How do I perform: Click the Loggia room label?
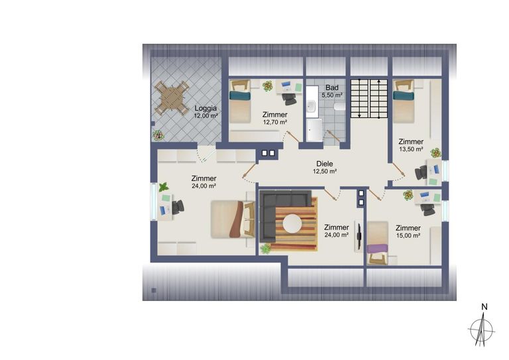pyautogui.click(x=205, y=109)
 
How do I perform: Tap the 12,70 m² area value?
pyautogui.click(x=275, y=123)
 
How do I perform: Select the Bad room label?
pyautogui.click(x=332, y=88)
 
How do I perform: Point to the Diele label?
pyautogui.click(x=325, y=164)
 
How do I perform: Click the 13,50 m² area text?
pyautogui.click(x=411, y=149)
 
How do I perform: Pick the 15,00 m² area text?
pyautogui.click(x=408, y=235)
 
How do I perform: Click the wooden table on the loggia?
pyautogui.click(x=172, y=98)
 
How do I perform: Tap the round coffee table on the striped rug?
pyautogui.click(x=292, y=223)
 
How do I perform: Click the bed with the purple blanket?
pyautogui.click(x=378, y=243)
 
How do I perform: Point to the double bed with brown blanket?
pyautogui.click(x=233, y=219)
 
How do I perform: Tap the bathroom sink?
pyautogui.click(x=312, y=106)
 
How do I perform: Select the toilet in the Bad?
pyautogui.click(x=339, y=107)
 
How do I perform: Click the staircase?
pyautogui.click(x=369, y=99)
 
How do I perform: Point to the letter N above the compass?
pyautogui.click(x=484, y=307)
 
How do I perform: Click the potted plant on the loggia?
pyautogui.click(x=158, y=135)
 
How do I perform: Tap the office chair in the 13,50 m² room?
pyautogui.click(x=422, y=172)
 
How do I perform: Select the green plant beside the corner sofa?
pyautogui.click(x=266, y=249)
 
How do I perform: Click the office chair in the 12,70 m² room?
pyautogui.click(x=289, y=99)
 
